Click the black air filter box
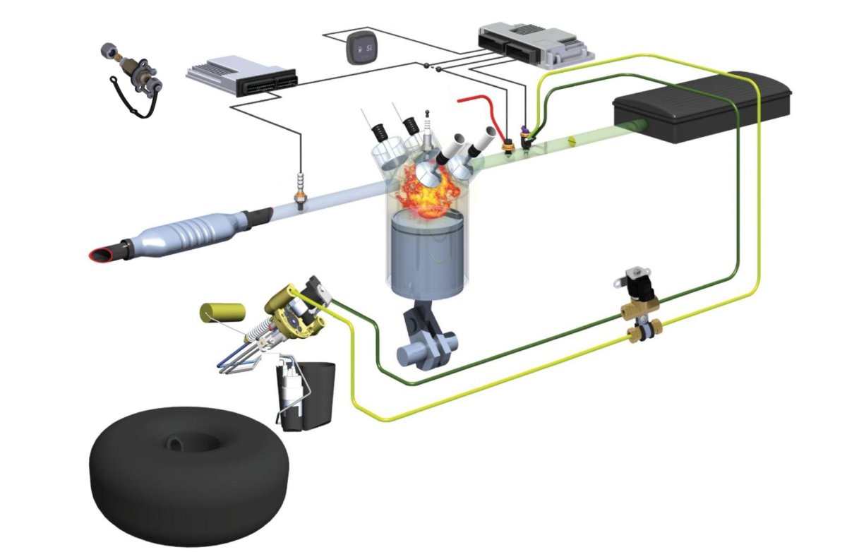tap(702, 106)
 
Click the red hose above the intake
tap(480, 106)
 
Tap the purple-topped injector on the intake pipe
tap(526, 134)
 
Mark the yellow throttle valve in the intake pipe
tap(572, 143)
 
